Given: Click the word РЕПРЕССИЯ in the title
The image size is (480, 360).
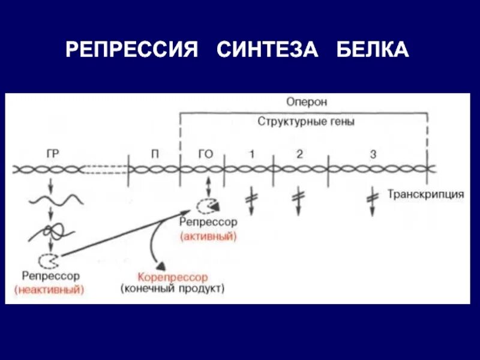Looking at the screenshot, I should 132,49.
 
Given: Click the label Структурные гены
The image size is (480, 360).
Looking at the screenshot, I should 307,121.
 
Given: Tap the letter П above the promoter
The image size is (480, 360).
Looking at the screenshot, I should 155,154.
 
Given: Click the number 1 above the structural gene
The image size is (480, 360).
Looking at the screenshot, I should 252,154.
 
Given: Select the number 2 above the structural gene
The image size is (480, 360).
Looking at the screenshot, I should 299,154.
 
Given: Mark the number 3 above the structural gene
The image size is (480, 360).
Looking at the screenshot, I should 373,154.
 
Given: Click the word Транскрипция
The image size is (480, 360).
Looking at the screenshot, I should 425,194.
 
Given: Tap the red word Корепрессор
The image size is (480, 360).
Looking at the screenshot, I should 173,277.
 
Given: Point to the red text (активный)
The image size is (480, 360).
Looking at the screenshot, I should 208,236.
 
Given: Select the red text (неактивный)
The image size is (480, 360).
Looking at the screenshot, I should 50,289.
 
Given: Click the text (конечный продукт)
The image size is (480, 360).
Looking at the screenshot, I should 173,289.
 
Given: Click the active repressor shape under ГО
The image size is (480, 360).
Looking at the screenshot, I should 208,205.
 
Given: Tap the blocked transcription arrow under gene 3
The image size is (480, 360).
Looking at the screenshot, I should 373,200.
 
